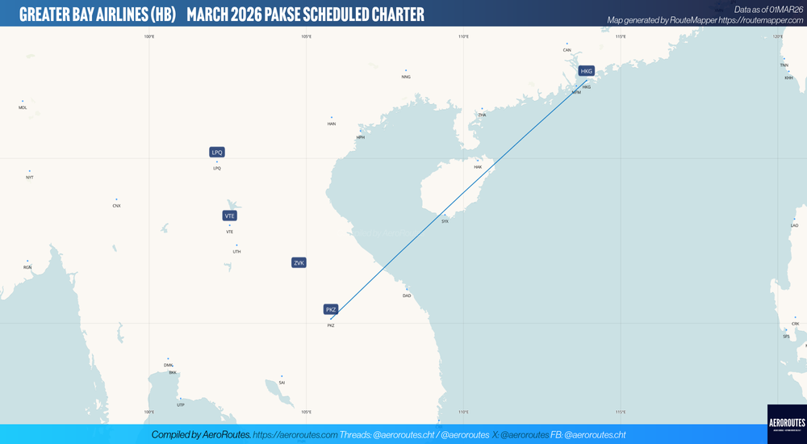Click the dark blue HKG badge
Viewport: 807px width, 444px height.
[587, 71]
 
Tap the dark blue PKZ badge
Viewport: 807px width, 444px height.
[331, 309]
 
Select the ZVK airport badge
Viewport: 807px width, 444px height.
[299, 262]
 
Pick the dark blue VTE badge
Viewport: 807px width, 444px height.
[230, 216]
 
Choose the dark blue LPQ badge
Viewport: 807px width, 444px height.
[216, 152]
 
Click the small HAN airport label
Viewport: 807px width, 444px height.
[331, 124]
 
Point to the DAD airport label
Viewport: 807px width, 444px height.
[407, 295]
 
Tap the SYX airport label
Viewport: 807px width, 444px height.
[445, 221]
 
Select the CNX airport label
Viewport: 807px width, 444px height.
[116, 206]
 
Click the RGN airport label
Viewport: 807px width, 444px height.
[27, 267]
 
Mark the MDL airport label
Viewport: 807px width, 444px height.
[23, 107]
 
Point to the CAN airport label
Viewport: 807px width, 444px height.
[567, 50]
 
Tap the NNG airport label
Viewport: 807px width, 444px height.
[406, 77]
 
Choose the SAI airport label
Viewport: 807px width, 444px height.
[282, 382]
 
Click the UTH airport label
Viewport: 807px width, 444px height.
[236, 252]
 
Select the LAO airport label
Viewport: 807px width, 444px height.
[794, 225]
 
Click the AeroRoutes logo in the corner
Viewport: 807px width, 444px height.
[786, 423]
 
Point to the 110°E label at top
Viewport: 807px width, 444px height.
[463, 36]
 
